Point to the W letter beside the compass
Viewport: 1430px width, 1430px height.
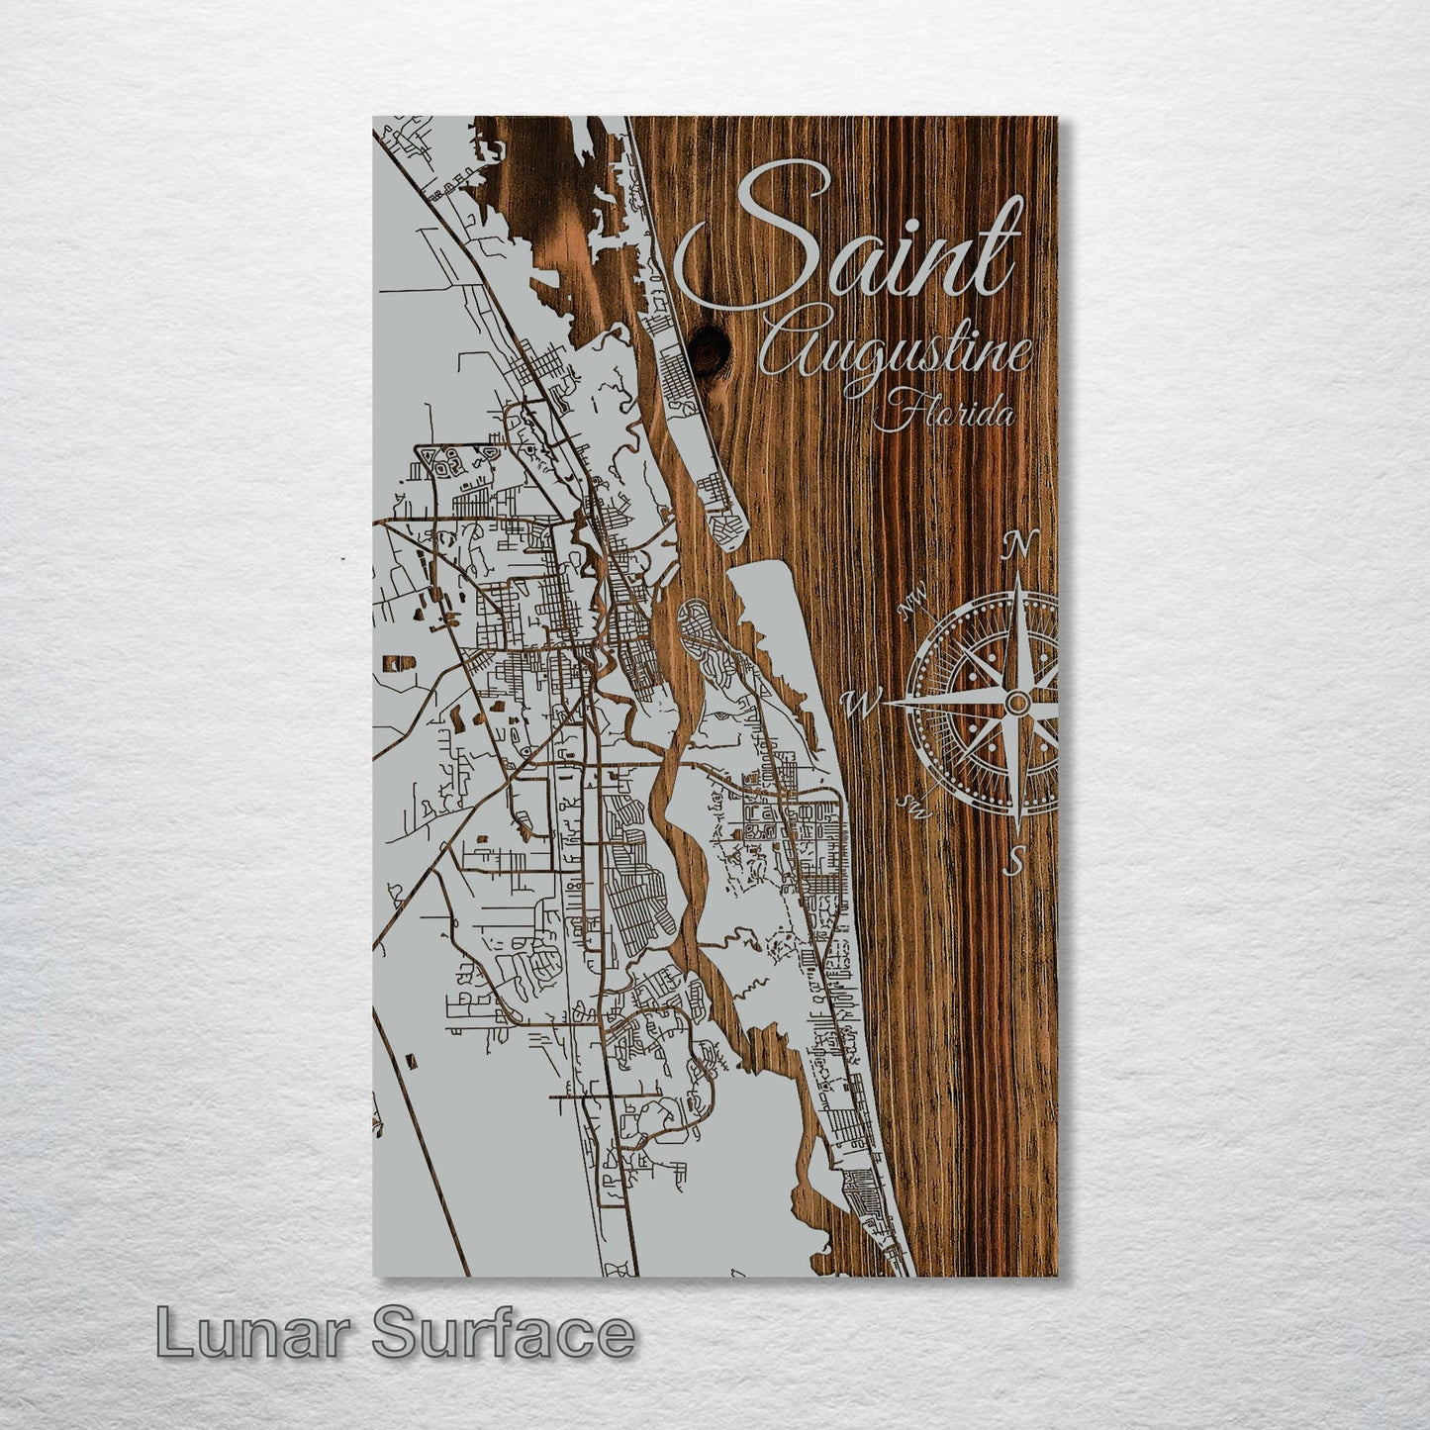tap(860, 704)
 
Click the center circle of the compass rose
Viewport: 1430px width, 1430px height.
tap(1016, 702)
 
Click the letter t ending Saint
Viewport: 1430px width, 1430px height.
tap(1000, 247)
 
